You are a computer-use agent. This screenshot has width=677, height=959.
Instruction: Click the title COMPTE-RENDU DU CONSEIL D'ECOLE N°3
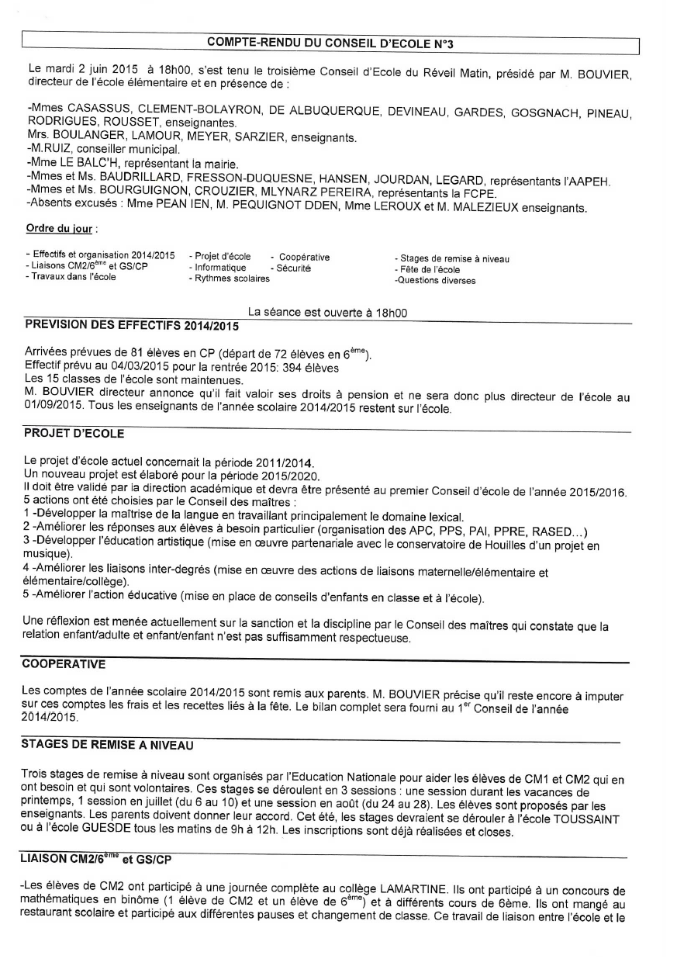330,44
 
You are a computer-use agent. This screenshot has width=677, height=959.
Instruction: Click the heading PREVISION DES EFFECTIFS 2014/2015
120,324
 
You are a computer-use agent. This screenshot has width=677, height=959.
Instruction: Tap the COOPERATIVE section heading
64,664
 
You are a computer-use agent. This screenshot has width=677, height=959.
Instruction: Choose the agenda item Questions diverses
435,281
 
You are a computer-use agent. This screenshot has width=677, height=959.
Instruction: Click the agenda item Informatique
220,268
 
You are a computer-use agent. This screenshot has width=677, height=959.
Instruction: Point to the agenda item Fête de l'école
427,270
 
